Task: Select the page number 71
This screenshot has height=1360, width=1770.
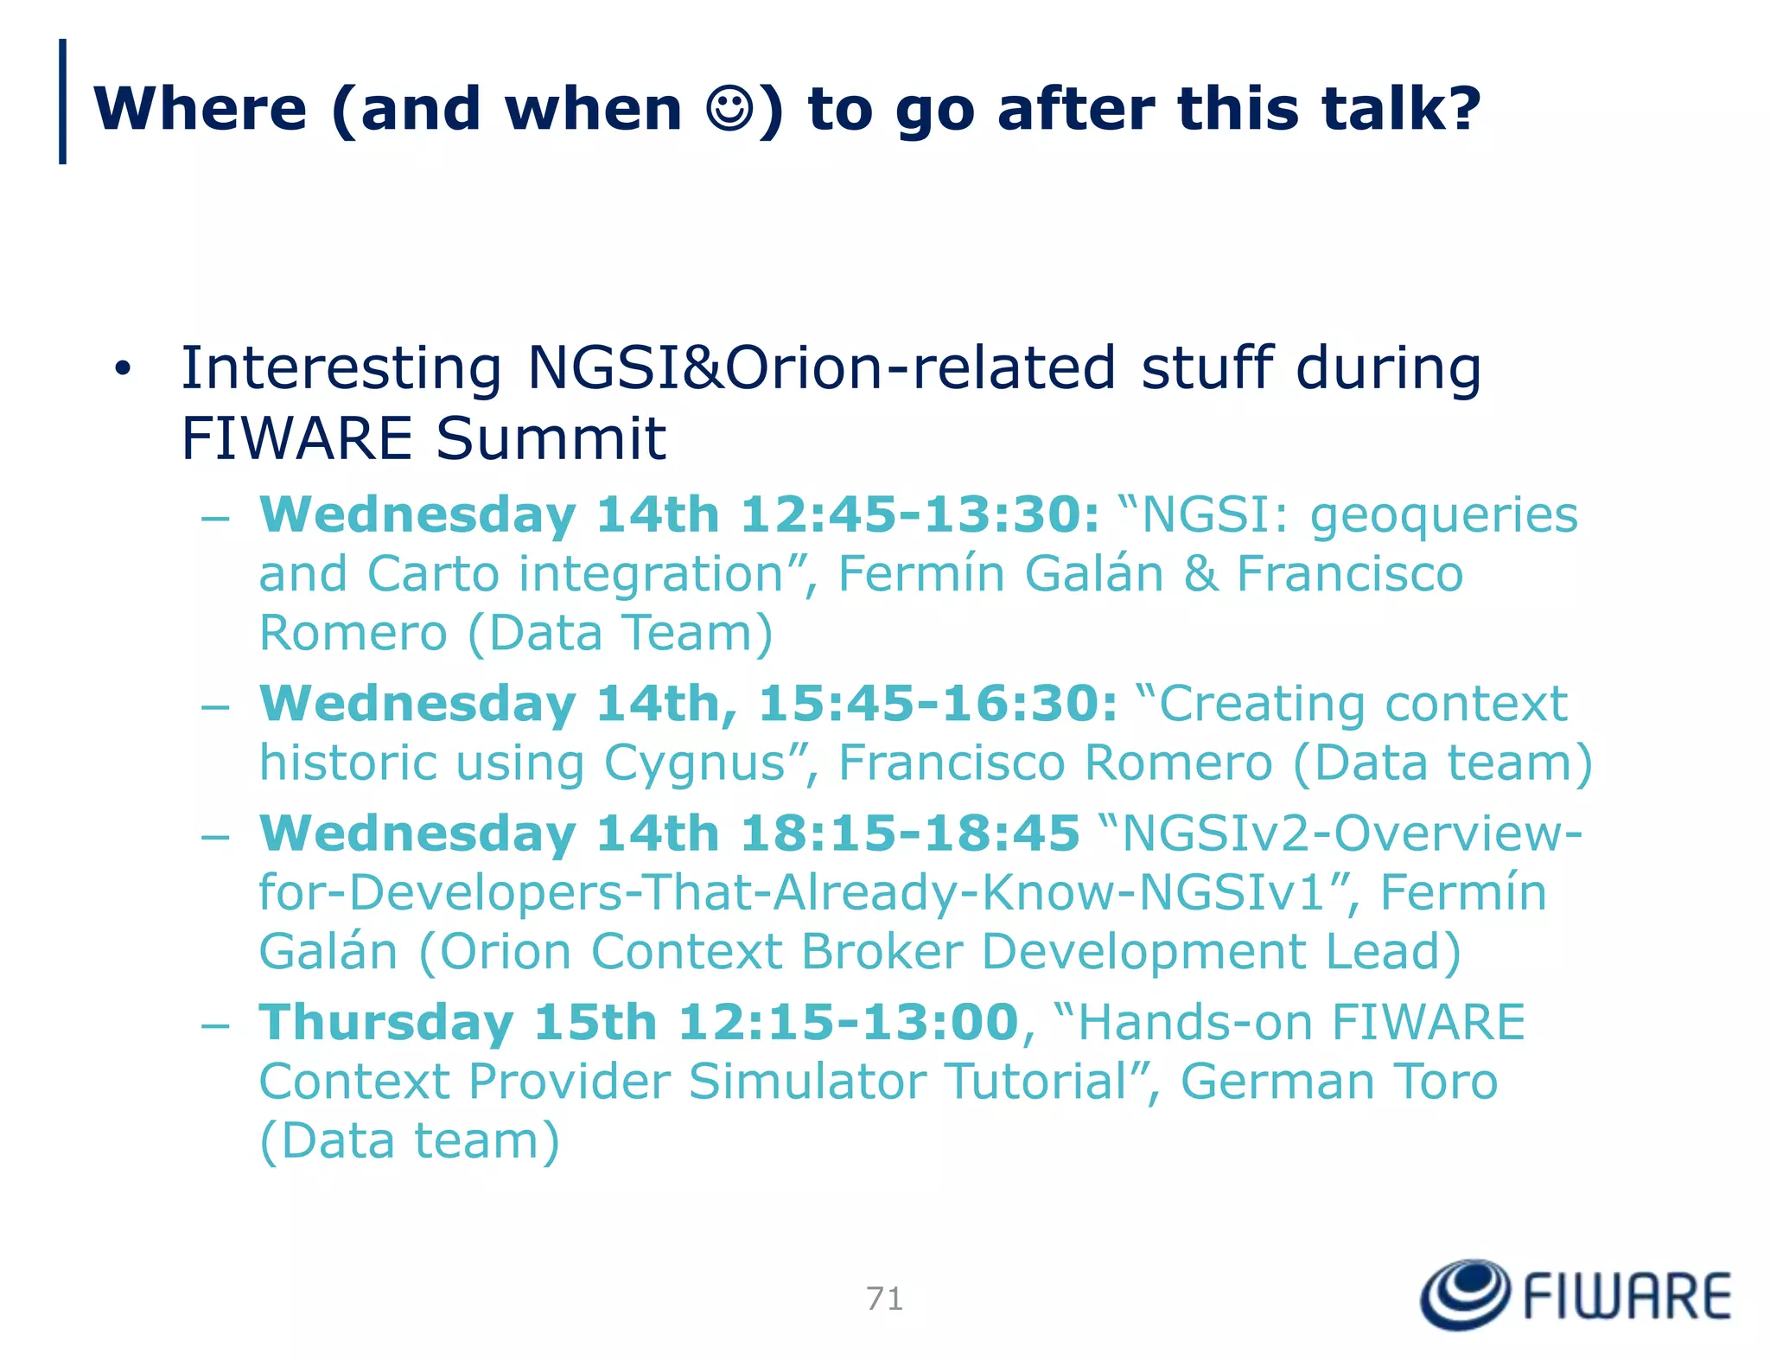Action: coord(884,1299)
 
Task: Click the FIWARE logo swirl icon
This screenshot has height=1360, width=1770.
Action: coord(1465,1294)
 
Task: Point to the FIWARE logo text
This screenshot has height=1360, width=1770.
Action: coord(1627,1296)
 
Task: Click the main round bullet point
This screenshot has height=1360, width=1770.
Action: coord(123,369)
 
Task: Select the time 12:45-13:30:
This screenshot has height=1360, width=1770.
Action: coord(920,514)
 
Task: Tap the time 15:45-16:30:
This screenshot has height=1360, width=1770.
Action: coord(938,703)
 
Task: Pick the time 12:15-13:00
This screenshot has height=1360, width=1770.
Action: coord(848,1022)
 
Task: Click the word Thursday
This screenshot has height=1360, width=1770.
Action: coord(386,1024)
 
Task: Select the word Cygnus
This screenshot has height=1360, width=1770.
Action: coord(696,764)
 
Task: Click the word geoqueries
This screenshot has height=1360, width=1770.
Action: coord(1444,516)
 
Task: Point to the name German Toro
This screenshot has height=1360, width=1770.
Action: coord(1339,1082)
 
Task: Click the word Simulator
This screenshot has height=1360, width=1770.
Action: coord(807,1082)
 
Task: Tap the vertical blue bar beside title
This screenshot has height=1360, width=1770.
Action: coord(62,101)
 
